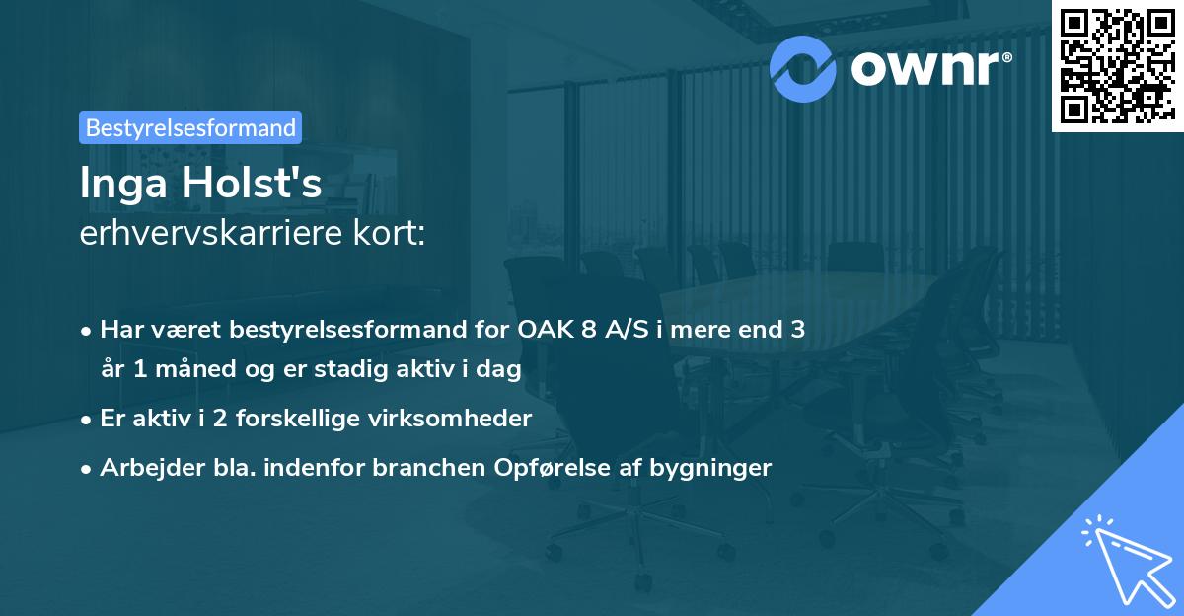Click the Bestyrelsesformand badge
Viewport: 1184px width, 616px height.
pyautogui.click(x=189, y=127)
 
